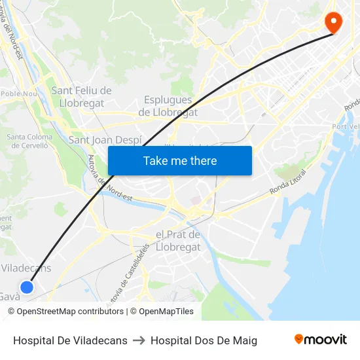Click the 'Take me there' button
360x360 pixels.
[x=180, y=160]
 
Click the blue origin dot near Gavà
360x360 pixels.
[x=27, y=287]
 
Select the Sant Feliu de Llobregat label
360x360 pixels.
[x=81, y=97]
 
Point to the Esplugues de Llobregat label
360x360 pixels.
[x=168, y=106]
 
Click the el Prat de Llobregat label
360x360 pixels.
[x=178, y=241]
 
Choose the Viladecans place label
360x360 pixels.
[x=26, y=268]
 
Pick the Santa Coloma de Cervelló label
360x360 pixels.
[x=29, y=141]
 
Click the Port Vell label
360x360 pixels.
[x=345, y=126]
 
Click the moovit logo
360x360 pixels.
[x=321, y=340]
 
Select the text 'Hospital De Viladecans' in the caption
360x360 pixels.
[x=70, y=340]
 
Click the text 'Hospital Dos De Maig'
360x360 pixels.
[x=204, y=340]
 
